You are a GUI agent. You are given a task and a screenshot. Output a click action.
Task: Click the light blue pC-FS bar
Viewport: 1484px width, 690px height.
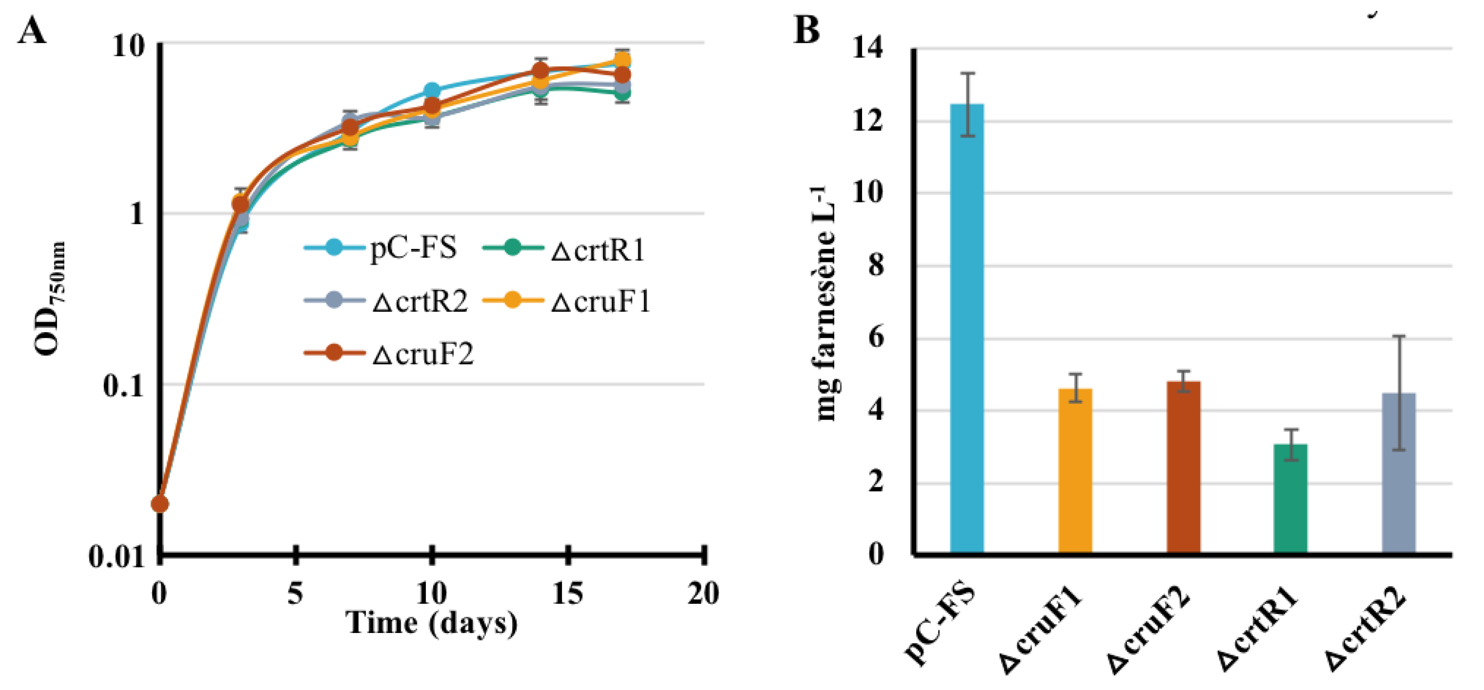click(x=967, y=328)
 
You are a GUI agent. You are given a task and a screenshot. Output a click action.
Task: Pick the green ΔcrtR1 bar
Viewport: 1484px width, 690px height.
click(x=1290, y=498)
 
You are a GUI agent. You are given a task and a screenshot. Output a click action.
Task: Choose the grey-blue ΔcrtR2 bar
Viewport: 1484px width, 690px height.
click(x=1399, y=473)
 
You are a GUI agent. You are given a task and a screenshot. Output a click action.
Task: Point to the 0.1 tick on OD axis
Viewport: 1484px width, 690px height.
click(x=123, y=385)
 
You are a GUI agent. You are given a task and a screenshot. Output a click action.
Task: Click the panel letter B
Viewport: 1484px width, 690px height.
click(x=807, y=30)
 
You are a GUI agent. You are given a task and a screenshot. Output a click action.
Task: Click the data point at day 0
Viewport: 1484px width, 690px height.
click(x=160, y=504)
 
